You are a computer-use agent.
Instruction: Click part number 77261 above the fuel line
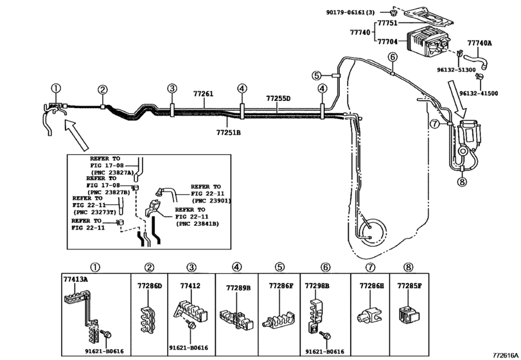tap(203, 94)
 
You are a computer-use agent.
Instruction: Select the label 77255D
tap(278, 98)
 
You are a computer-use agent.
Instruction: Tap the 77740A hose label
tap(479, 43)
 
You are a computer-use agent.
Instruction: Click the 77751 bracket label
tap(387, 23)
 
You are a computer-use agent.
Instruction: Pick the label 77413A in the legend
tap(75, 279)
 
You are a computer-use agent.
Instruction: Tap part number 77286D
tap(150, 284)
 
